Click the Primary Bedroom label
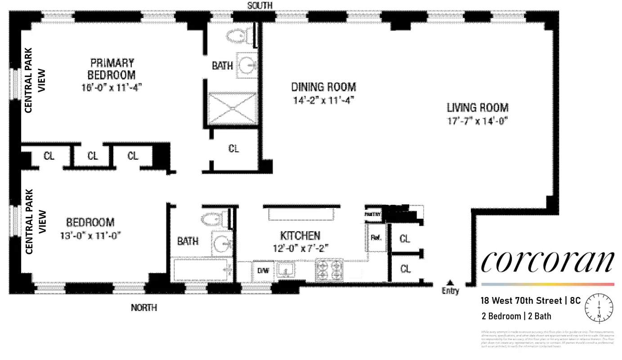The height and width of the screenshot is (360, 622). tap(112, 68)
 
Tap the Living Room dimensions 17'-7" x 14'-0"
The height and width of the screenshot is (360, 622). tap(477, 121)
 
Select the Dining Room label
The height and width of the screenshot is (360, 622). tap(323, 87)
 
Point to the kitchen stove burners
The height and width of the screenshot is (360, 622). tap(329, 270)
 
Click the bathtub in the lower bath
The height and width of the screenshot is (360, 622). tap(201, 269)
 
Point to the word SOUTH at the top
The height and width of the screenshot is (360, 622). tap(260, 5)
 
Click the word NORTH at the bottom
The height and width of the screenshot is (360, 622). tap(144, 308)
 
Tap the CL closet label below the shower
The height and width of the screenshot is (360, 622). tap(233, 149)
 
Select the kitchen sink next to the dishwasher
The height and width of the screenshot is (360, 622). tap(285, 270)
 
